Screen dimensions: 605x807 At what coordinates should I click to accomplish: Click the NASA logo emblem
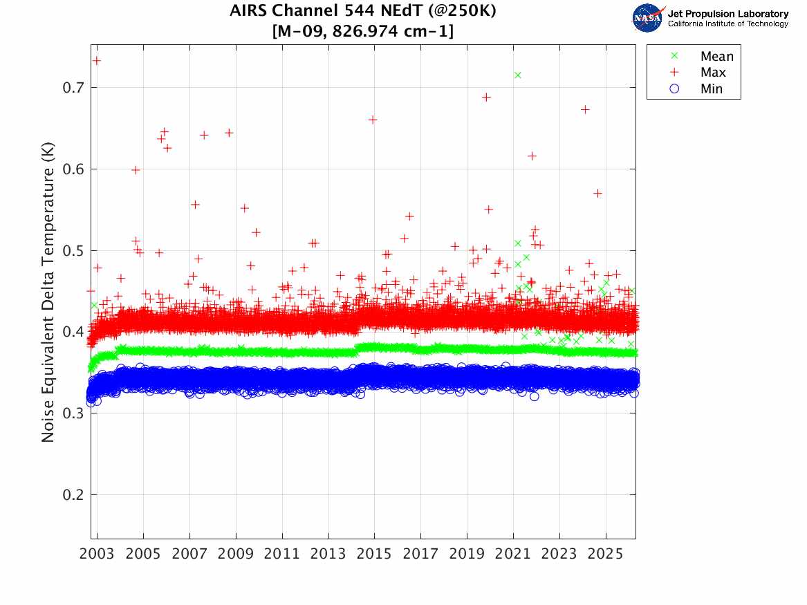point(647,18)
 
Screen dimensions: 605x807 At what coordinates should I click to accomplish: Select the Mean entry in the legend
point(716,56)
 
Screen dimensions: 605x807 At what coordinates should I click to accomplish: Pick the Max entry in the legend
point(713,73)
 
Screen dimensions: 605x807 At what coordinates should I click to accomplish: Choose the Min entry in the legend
point(712,89)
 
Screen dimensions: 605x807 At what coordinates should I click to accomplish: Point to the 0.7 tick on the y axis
point(72,88)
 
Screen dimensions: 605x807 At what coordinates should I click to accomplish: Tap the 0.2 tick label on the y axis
point(72,495)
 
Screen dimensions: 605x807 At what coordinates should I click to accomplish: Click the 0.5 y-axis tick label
point(72,251)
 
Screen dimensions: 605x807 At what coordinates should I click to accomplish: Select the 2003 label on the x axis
point(98,555)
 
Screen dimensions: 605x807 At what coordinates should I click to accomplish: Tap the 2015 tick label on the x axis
point(374,555)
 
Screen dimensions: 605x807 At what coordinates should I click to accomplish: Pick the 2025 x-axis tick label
point(605,555)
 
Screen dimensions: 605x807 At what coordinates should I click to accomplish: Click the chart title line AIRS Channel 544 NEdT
point(363,12)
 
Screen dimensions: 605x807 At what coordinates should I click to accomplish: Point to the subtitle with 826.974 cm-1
point(363,31)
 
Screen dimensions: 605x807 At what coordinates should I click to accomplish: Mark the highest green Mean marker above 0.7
point(517,75)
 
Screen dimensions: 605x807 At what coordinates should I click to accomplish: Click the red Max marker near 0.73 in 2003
point(97,61)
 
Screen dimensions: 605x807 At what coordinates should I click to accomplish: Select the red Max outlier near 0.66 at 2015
point(372,120)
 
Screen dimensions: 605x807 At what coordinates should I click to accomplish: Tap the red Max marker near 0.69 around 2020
point(486,97)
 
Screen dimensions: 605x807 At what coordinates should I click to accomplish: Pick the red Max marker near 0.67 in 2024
point(585,109)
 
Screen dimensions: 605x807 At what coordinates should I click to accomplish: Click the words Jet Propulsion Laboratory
point(727,13)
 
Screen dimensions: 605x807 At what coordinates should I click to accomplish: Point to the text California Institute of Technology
point(727,24)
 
